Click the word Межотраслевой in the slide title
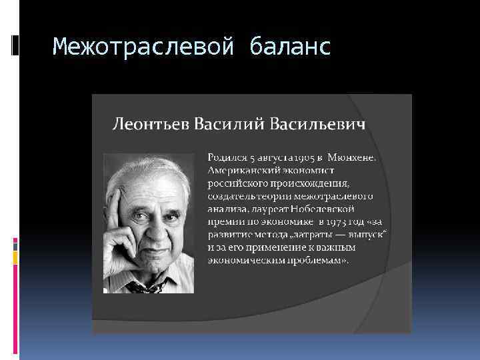pyautogui.click(x=143, y=47)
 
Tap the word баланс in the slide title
pyautogui.click(x=291, y=47)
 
